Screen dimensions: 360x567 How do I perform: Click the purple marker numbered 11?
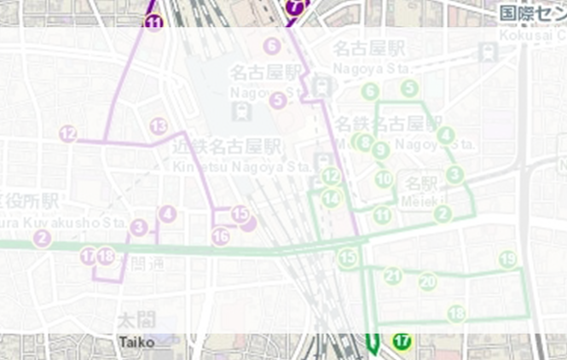coord(153,23)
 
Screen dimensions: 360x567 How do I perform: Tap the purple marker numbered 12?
coord(68,133)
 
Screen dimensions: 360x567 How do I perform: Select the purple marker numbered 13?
coord(159,126)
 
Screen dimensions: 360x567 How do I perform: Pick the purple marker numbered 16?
coord(221,236)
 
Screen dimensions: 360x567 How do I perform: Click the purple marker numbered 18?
coord(106,256)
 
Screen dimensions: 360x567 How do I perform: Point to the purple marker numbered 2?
coord(43,238)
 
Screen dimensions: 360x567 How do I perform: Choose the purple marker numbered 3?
coord(140,227)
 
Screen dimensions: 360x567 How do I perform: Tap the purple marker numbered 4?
coord(168,213)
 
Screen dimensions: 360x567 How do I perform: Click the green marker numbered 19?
coord(508,259)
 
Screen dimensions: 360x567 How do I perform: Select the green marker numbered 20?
coord(428,281)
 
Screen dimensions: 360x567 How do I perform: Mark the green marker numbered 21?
coord(393,276)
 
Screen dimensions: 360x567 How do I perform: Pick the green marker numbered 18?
coord(457,313)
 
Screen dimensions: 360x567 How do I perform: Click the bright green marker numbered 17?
coord(402,341)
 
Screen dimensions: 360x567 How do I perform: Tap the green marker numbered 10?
coord(384,179)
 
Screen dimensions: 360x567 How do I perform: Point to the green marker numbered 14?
coord(331,198)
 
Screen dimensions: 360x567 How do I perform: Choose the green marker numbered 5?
coord(410,88)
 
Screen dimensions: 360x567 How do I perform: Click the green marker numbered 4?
coord(446,135)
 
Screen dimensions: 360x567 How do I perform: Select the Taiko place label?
coord(136,342)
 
